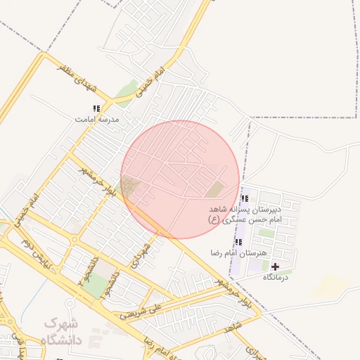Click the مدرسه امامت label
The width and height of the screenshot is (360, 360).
[98, 120]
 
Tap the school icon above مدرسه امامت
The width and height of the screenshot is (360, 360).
[96, 108]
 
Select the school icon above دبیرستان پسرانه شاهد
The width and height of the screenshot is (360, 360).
[244, 199]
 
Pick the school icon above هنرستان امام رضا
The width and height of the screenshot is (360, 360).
[238, 242]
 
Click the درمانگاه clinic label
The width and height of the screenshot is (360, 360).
[276, 278]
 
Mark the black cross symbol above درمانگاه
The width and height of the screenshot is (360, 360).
[275, 266]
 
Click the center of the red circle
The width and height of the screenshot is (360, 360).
[181, 179]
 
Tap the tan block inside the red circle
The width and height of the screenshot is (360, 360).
[216, 189]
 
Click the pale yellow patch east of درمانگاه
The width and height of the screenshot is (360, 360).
[330, 285]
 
